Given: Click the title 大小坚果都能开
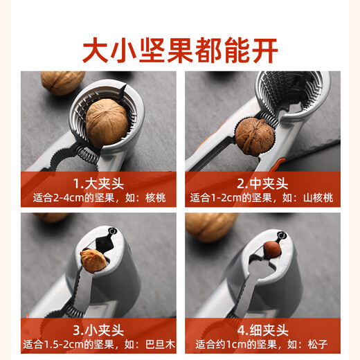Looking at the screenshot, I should [180, 50].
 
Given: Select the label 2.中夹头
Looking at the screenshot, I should [262, 183].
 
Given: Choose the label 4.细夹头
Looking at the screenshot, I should [262, 330].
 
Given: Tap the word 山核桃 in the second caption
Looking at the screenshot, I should [316, 198].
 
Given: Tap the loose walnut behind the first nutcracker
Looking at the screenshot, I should [62, 82].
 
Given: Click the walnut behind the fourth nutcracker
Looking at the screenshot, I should [211, 226].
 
